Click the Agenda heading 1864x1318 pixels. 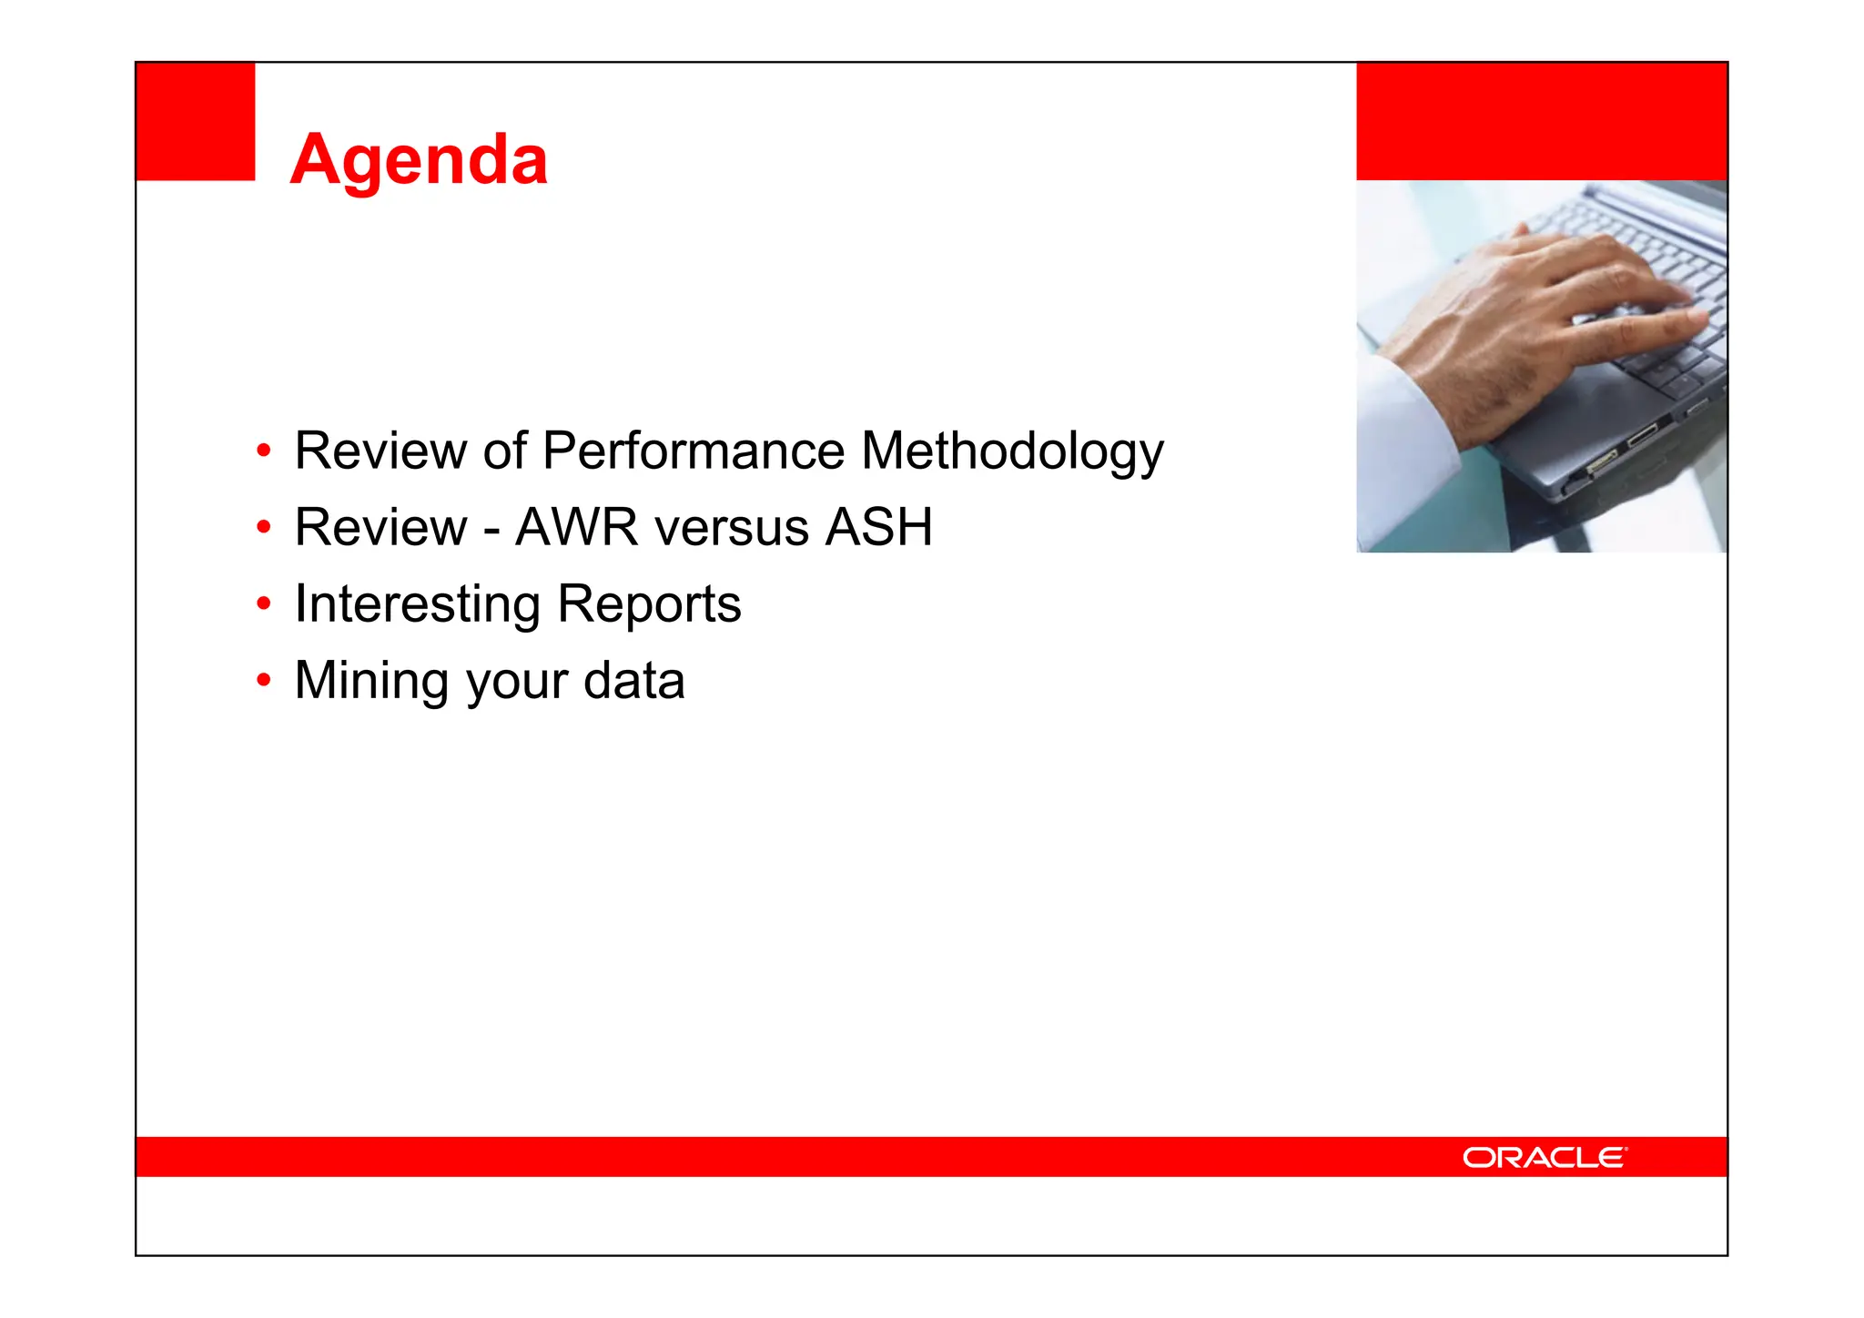(x=419, y=160)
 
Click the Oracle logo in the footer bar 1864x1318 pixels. (x=1545, y=1157)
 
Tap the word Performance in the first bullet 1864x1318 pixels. (x=694, y=451)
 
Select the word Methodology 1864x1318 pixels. (x=1012, y=452)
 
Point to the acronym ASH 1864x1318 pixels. (x=878, y=528)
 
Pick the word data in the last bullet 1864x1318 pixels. (x=633, y=681)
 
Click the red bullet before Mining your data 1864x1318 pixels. (x=264, y=680)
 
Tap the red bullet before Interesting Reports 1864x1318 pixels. (x=264, y=603)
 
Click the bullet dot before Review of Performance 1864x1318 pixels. (x=264, y=451)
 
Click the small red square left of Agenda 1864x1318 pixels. (x=195, y=121)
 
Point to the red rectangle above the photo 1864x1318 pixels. (x=1541, y=121)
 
